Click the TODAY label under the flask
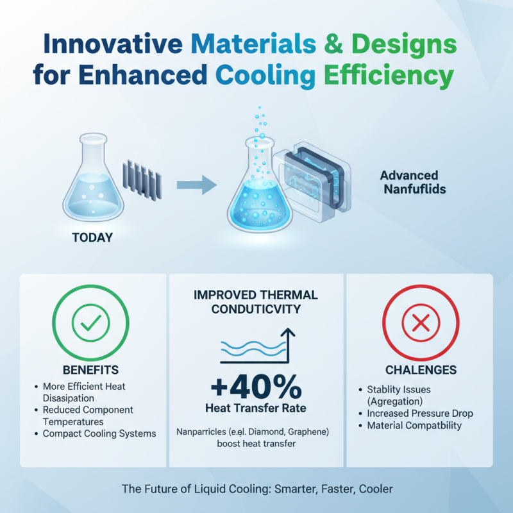pyautogui.click(x=92, y=238)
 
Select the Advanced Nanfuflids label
pyautogui.click(x=409, y=182)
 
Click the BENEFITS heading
pyautogui.click(x=91, y=371)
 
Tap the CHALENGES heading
pyautogui.click(x=421, y=371)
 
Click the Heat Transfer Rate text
pyautogui.click(x=255, y=408)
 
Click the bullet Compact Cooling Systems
pyautogui.click(x=99, y=433)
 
